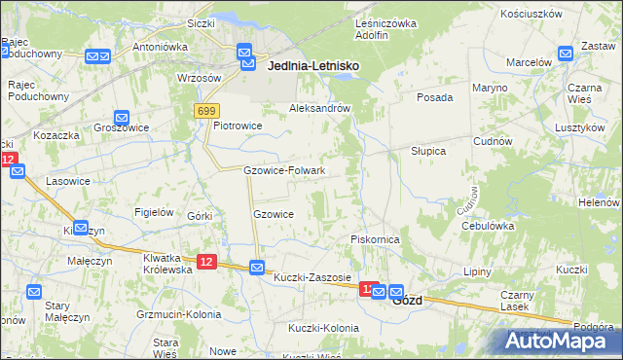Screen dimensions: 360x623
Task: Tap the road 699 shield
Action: [x=205, y=112]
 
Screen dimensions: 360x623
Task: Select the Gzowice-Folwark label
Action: [x=283, y=170]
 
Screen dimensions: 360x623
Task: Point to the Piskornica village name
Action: [x=376, y=239]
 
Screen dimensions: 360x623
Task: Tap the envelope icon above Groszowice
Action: [x=121, y=117]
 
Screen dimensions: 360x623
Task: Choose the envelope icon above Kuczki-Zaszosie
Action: [x=256, y=267]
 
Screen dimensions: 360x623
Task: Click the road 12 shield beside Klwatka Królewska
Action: [x=206, y=262]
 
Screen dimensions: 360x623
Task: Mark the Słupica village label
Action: [x=427, y=152]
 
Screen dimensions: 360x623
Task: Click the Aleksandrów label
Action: [x=319, y=109]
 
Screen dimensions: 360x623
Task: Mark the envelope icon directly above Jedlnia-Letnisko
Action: [x=244, y=53]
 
